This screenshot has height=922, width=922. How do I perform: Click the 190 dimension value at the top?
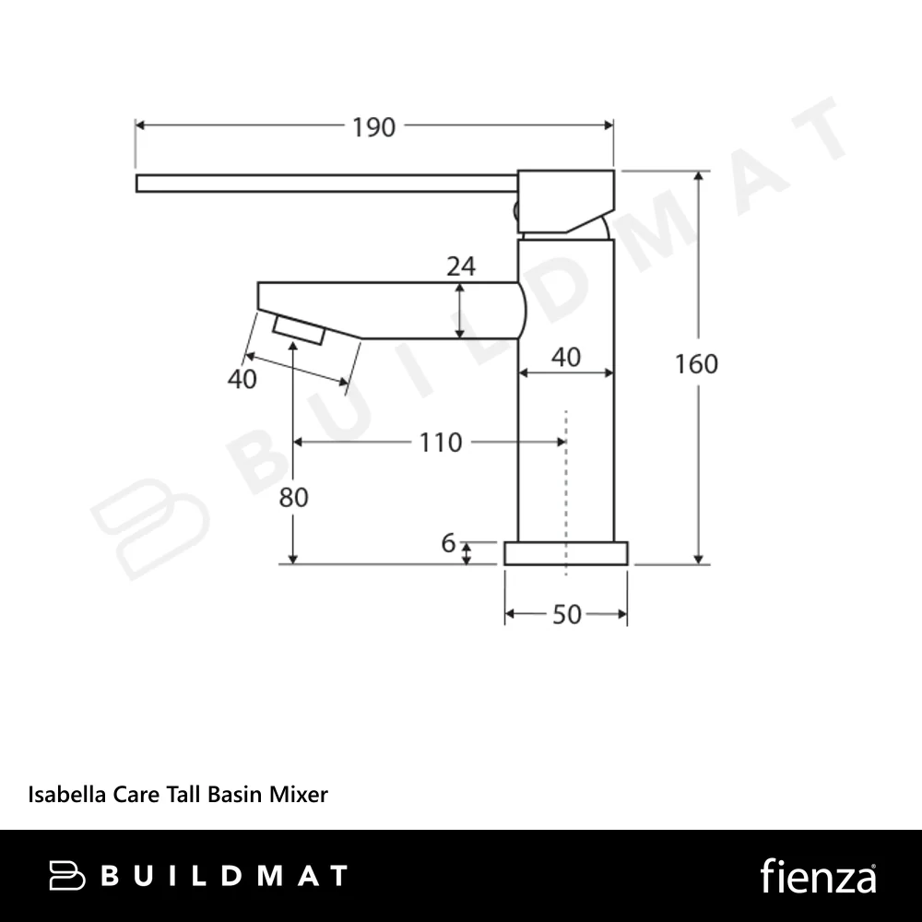[x=373, y=127]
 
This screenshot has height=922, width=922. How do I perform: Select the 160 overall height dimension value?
[x=696, y=364]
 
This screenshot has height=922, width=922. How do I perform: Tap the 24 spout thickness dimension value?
[x=461, y=267]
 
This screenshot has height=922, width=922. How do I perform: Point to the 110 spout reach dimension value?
[x=441, y=443]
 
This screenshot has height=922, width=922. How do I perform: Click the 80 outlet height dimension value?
[x=293, y=498]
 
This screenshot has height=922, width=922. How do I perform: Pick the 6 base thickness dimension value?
[x=448, y=543]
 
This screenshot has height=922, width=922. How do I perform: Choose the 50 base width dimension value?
[x=567, y=615]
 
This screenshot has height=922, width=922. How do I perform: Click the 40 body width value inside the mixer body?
[x=566, y=358]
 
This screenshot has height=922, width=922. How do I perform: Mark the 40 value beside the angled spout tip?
[x=242, y=379]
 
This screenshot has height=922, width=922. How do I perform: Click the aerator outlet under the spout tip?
[x=299, y=330]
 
